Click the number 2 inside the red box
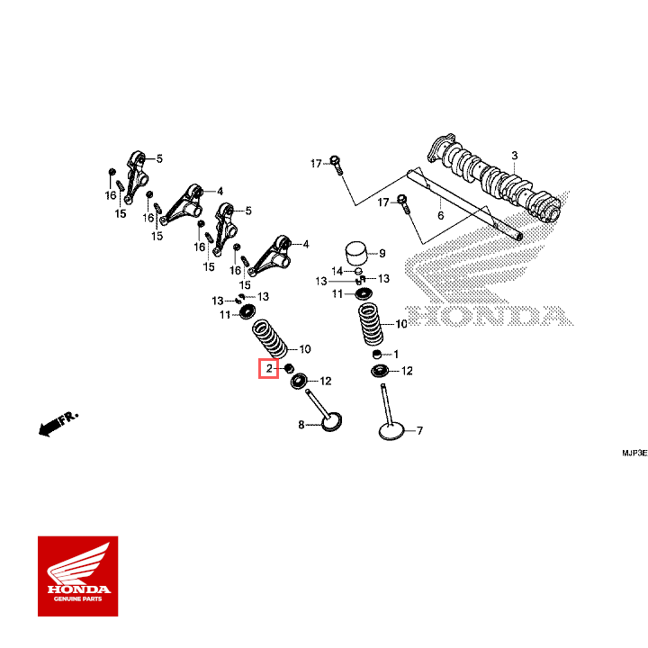tap(268, 369)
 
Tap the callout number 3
tap(515, 155)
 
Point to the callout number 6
tap(440, 216)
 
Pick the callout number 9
tap(382, 253)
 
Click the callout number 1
tap(395, 354)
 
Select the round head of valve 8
tap(331, 422)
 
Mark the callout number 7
tap(418, 431)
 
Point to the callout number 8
tap(301, 424)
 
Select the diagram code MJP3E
tap(631, 454)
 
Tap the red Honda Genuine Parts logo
tap(77, 576)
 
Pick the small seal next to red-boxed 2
tap(289, 369)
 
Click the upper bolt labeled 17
tap(336, 165)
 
